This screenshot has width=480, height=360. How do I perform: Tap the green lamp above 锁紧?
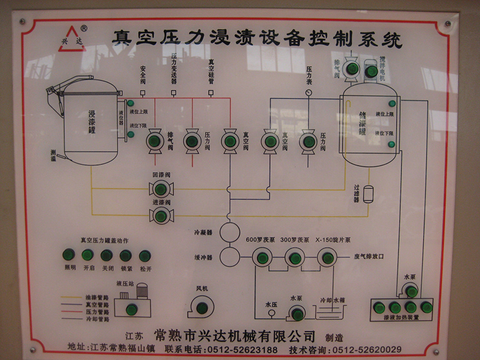coord(126,256)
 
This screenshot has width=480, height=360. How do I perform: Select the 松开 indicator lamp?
coord(145,256)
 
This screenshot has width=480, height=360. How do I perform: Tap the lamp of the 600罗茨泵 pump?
coord(262,258)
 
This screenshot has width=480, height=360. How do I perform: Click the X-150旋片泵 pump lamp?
coord(328,258)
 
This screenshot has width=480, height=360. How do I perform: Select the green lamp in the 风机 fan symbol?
coord(202,308)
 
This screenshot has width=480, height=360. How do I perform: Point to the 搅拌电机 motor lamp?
coord(371,71)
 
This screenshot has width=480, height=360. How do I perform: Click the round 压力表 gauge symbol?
coord(308,93)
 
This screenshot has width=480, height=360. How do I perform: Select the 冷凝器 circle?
coord(229,232)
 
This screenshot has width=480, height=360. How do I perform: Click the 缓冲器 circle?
coord(229,257)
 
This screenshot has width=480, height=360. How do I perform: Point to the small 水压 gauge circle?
coord(269,314)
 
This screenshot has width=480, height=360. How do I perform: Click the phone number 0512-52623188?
coord(247,350)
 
